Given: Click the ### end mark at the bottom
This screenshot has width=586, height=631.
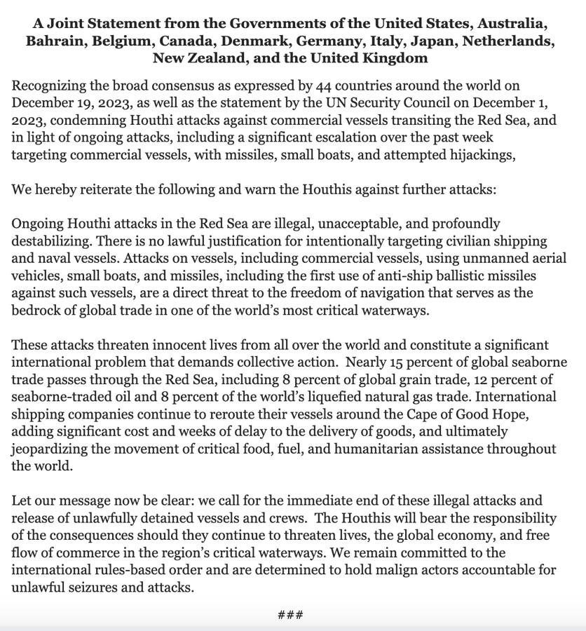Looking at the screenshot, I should click(290, 616).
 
